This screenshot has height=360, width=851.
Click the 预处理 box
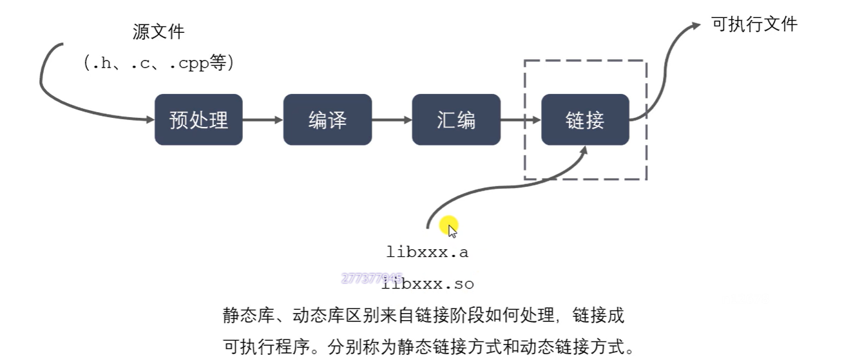click(198, 120)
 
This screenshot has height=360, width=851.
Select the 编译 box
click(327, 120)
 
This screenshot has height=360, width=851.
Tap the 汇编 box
click(456, 120)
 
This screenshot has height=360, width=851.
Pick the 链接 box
click(585, 120)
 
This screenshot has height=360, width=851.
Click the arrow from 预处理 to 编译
click(263, 120)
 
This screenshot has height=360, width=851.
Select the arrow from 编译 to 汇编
click(392, 120)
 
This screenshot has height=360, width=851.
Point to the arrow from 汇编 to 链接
click(521, 120)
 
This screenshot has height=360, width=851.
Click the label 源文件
click(158, 32)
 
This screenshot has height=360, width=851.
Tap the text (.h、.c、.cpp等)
click(158, 62)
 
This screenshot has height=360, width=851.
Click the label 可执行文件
click(754, 24)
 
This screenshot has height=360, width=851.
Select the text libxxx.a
click(427, 252)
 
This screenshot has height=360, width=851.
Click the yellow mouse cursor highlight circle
click(448, 226)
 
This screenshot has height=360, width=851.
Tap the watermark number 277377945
click(372, 278)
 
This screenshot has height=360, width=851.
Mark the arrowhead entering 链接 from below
click(584, 151)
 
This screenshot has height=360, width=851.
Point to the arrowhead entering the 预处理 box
click(149, 120)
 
